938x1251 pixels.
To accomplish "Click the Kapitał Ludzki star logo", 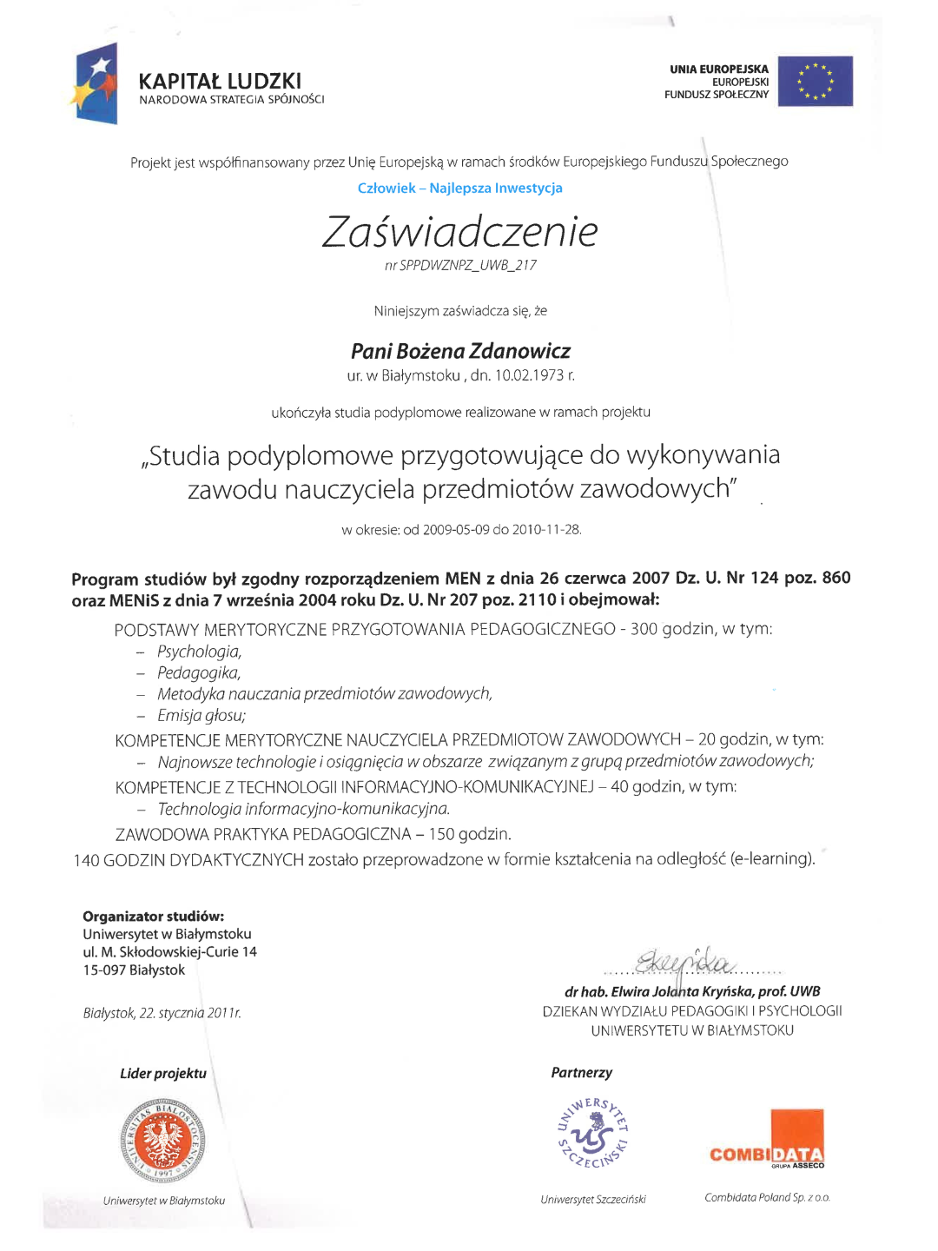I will point(95,84).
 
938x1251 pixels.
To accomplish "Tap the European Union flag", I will point(815,81).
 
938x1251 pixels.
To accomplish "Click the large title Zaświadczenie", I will point(460,232).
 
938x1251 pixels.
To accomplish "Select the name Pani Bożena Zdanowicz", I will point(460,351).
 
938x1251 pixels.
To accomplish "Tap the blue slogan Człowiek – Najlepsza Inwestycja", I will point(459,188).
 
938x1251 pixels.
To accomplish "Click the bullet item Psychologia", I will point(199,652).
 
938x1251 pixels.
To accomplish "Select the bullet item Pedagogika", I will point(198,672).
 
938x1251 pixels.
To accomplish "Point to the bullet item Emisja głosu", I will point(201,716).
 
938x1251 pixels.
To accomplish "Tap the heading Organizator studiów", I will point(153,917).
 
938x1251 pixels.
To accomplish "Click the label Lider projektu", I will point(163,1074).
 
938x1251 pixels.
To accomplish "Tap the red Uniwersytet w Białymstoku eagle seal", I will point(163,1141).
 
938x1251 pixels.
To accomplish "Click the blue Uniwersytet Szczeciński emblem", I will point(592,1133).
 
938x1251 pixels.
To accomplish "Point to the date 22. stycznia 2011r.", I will point(162,1013).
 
